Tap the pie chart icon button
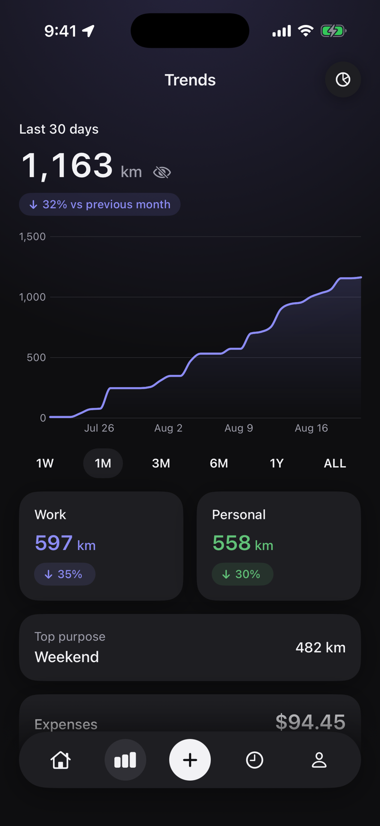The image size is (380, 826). (343, 79)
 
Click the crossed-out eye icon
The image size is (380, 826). (162, 172)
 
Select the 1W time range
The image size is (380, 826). (45, 463)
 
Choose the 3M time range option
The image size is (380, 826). (161, 463)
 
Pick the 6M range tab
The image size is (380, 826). (219, 463)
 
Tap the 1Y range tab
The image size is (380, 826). (276, 463)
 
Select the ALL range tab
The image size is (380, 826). (335, 463)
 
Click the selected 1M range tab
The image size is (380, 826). (103, 463)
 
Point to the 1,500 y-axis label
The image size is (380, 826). (33, 236)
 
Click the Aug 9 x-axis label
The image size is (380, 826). (239, 428)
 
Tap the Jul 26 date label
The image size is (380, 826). (99, 428)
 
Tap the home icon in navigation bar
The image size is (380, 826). (60, 760)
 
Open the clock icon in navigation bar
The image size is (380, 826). (254, 760)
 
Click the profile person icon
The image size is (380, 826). (319, 760)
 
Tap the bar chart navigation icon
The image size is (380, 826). (125, 760)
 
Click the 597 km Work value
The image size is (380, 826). (65, 543)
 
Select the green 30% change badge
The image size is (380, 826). (242, 574)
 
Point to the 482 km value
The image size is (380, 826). (320, 647)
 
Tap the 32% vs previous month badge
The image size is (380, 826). (100, 204)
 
